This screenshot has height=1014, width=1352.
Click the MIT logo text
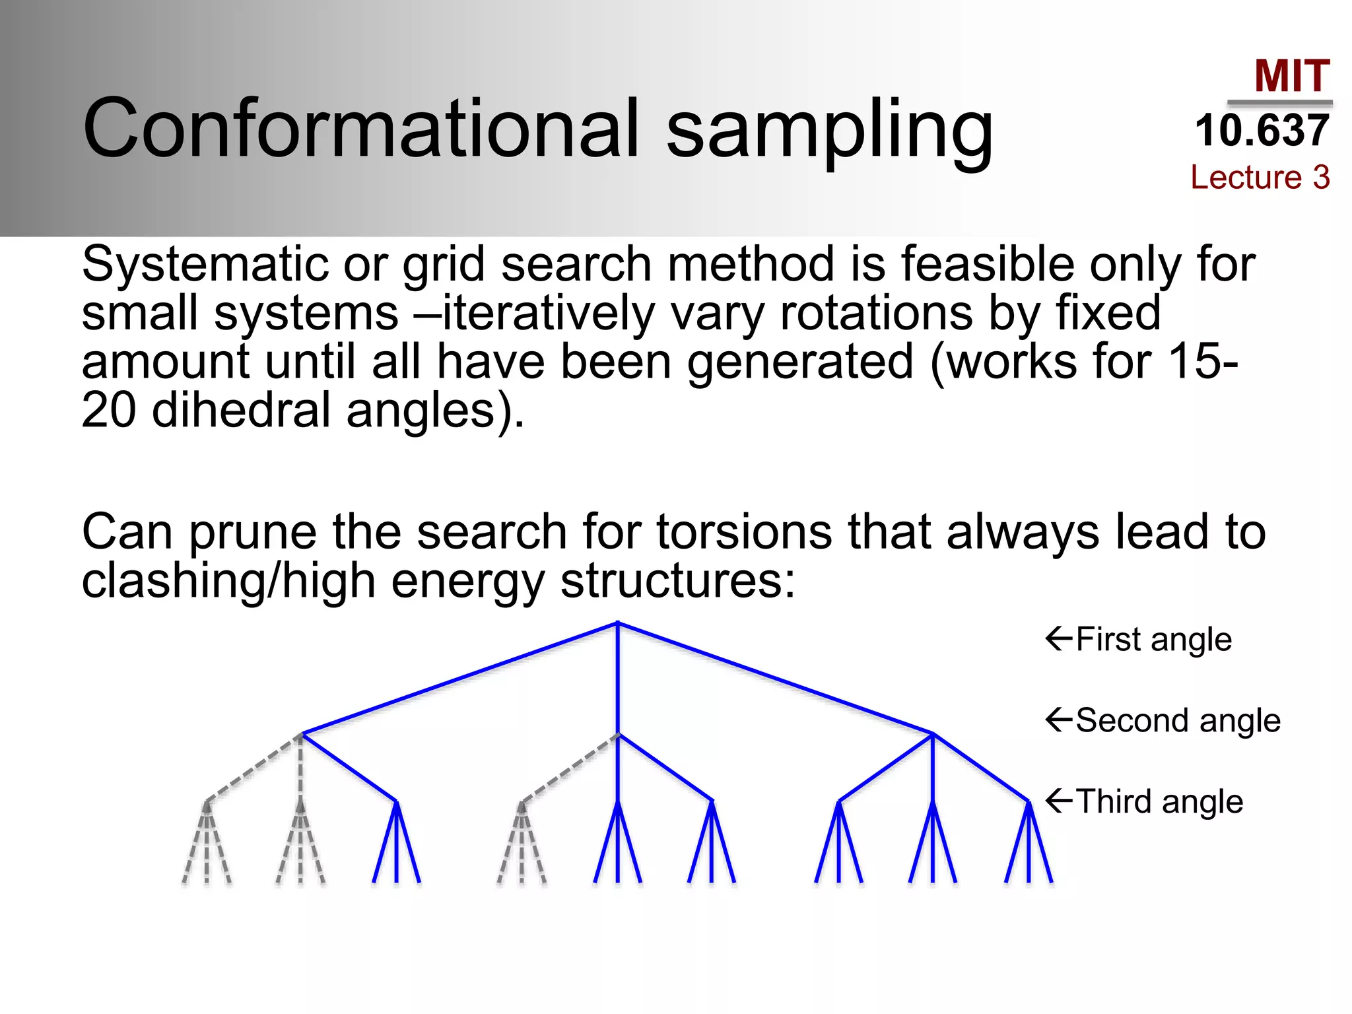(x=1291, y=76)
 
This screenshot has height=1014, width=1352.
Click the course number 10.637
(x=1262, y=130)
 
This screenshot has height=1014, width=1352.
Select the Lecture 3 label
(x=1260, y=177)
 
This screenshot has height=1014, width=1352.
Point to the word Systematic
(x=205, y=264)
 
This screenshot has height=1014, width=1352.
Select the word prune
(x=252, y=532)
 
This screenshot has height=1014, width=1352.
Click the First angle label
(x=1153, y=639)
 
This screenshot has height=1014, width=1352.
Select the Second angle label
(x=1178, y=720)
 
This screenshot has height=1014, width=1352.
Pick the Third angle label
(x=1159, y=801)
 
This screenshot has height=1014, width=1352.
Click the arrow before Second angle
(x=1059, y=720)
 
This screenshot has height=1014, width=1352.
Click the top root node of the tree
(x=617, y=623)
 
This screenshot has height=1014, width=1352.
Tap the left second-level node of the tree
(x=302, y=733)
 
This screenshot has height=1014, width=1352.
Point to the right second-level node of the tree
(x=933, y=733)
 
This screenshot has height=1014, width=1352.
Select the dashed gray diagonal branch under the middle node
(x=570, y=768)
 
